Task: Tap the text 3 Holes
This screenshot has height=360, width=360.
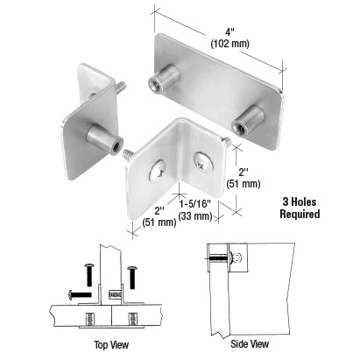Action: coord(307,199)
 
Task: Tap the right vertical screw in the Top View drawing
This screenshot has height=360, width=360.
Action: coord(132,276)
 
